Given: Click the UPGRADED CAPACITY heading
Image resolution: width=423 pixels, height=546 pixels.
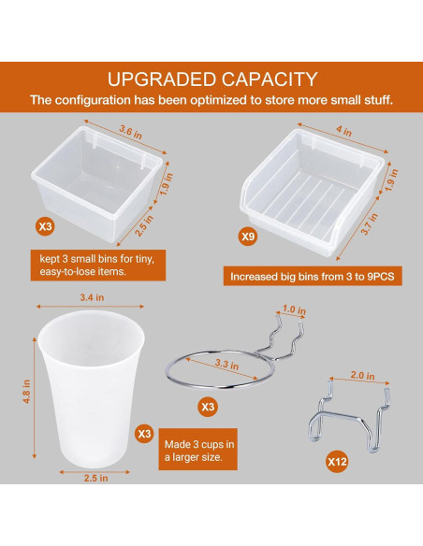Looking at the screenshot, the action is (x=211, y=79).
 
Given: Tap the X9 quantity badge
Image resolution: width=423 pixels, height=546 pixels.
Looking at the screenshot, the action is (x=248, y=237).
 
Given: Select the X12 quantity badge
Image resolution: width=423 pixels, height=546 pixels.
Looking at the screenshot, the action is (x=337, y=462).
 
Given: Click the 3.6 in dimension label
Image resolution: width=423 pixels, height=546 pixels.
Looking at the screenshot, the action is (x=131, y=132).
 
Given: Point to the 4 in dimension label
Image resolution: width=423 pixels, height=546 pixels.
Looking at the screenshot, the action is (x=343, y=131).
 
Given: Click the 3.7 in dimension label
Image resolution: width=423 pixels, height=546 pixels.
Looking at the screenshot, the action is (x=369, y=223).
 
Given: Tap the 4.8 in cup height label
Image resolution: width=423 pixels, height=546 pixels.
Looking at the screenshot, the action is (x=26, y=392).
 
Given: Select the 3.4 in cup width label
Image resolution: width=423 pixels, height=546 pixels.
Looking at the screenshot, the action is (x=92, y=297).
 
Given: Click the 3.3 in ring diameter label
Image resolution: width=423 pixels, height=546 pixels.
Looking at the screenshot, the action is (x=226, y=365).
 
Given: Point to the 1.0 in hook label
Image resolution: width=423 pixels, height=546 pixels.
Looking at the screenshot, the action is (x=294, y=309).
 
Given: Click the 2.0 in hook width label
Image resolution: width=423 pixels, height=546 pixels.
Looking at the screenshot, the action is (x=362, y=376).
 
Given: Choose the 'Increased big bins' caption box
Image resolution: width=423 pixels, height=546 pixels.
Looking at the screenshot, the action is (x=313, y=277).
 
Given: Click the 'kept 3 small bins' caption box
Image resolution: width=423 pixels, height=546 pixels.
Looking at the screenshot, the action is (x=98, y=265).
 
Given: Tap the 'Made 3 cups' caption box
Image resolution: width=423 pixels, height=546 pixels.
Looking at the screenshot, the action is (x=197, y=449).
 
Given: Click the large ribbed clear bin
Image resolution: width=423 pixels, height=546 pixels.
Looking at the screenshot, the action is (x=313, y=193).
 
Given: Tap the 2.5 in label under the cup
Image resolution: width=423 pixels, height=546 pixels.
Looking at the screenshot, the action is (x=95, y=478).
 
